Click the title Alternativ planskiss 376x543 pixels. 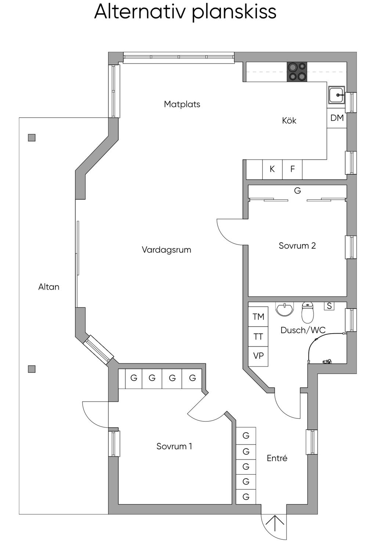click(x=185, y=12)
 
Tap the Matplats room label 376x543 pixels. click(x=182, y=104)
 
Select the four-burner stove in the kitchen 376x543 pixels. click(x=297, y=72)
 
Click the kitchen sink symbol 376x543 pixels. click(x=336, y=95)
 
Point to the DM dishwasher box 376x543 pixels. click(x=337, y=118)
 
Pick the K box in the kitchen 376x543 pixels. click(x=272, y=169)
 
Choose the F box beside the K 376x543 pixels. click(x=293, y=169)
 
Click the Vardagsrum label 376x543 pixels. click(x=166, y=250)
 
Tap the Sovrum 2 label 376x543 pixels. click(x=297, y=246)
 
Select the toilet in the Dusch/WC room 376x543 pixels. click(x=307, y=312)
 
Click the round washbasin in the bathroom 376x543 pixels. click(x=285, y=309)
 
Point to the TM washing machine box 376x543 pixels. click(x=258, y=317)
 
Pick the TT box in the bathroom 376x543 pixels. click(x=258, y=337)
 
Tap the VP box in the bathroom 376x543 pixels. click(x=258, y=356)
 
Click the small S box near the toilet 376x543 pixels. click(x=329, y=306)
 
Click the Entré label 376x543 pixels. click(x=277, y=458)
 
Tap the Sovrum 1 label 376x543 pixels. click(x=174, y=446)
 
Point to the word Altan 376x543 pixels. click(x=49, y=287)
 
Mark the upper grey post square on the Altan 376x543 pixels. click(x=32, y=138)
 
